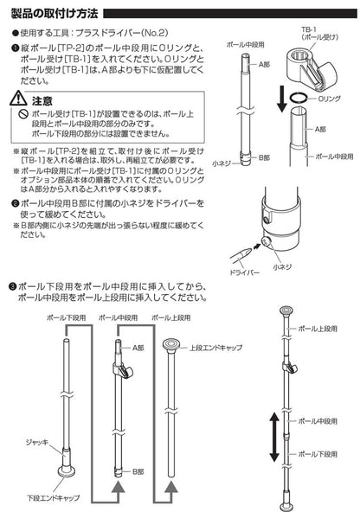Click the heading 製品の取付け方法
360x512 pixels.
coord(54,14)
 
